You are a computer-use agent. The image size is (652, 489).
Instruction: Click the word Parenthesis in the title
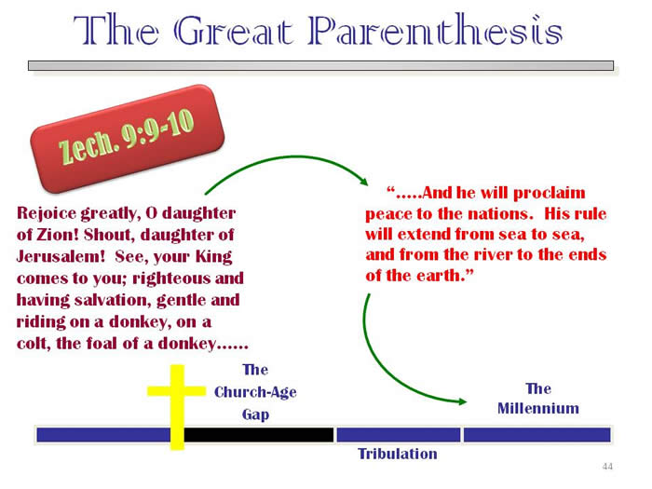point(435,30)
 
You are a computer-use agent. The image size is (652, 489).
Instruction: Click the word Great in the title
point(234,31)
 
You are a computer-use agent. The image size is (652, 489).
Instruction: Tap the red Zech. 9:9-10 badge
point(128,139)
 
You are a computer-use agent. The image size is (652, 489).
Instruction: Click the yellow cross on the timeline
point(177,407)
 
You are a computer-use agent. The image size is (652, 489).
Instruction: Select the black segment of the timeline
point(259,435)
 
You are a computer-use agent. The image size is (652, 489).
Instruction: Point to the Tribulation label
point(398,454)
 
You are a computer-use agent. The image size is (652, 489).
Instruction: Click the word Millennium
point(538,408)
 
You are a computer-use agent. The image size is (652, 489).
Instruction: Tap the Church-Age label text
point(255,392)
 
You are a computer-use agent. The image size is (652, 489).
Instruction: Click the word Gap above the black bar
point(255,414)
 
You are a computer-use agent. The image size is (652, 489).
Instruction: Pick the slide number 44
point(607,467)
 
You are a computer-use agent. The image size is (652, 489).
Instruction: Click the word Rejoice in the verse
point(47,213)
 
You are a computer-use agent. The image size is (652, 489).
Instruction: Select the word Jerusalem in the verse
point(61,256)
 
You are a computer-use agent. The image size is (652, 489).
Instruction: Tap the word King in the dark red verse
point(213,257)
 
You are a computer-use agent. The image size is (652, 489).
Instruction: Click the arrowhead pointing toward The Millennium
point(462,401)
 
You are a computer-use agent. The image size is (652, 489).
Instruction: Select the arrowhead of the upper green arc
point(364,182)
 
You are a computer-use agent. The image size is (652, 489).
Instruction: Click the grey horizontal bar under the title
point(320,66)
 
